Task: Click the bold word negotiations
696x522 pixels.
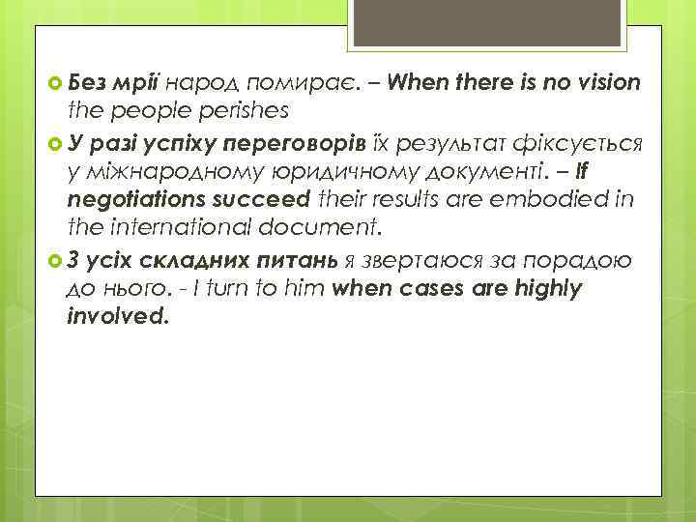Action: pyautogui.click(x=131, y=201)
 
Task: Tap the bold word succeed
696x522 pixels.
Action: pyautogui.click(x=254, y=200)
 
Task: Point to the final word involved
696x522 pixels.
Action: pyautogui.click(x=117, y=316)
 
